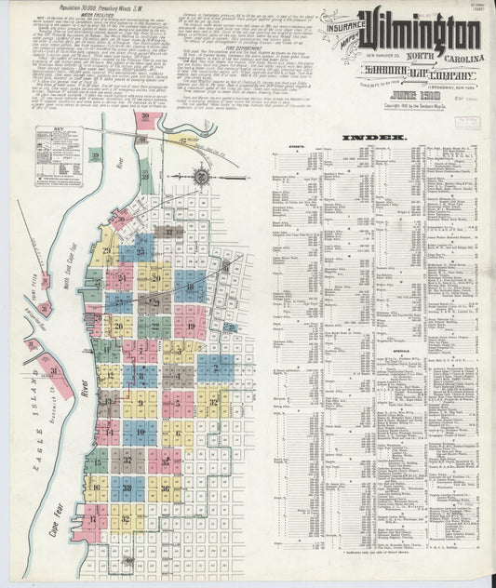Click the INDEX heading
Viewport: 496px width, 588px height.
tap(373, 138)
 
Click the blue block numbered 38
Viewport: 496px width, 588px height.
tap(127, 487)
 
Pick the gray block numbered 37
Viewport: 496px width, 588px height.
tap(127, 460)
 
